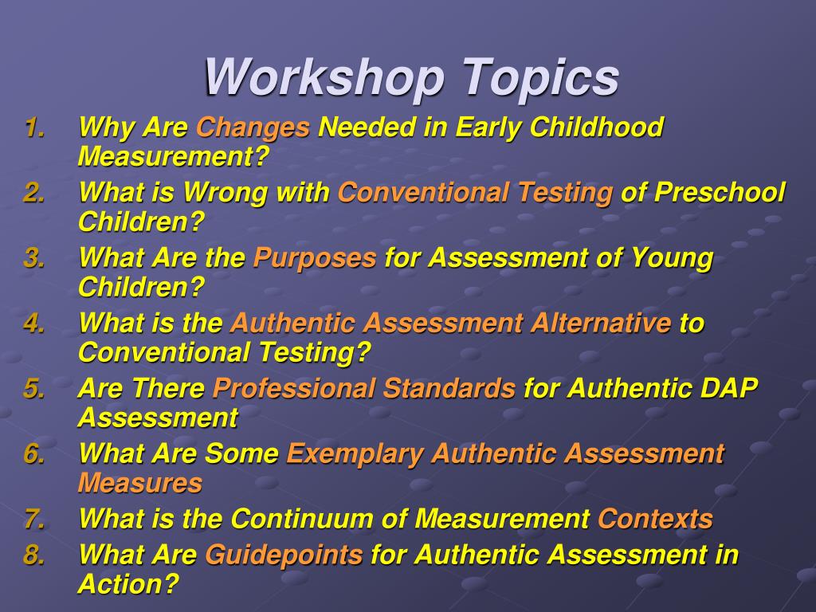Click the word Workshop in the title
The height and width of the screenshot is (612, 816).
323,78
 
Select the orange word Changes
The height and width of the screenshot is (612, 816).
253,127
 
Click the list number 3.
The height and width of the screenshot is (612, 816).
34,258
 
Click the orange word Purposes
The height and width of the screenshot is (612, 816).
315,258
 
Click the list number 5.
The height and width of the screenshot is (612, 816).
34,389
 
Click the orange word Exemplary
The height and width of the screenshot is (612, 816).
355,454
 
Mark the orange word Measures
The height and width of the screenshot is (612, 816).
140,483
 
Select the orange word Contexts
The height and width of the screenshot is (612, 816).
655,520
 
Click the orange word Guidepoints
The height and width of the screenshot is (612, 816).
284,555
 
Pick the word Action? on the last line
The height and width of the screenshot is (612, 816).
128,584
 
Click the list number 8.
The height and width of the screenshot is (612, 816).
34,555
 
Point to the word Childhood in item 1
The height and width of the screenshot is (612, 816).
596,127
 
